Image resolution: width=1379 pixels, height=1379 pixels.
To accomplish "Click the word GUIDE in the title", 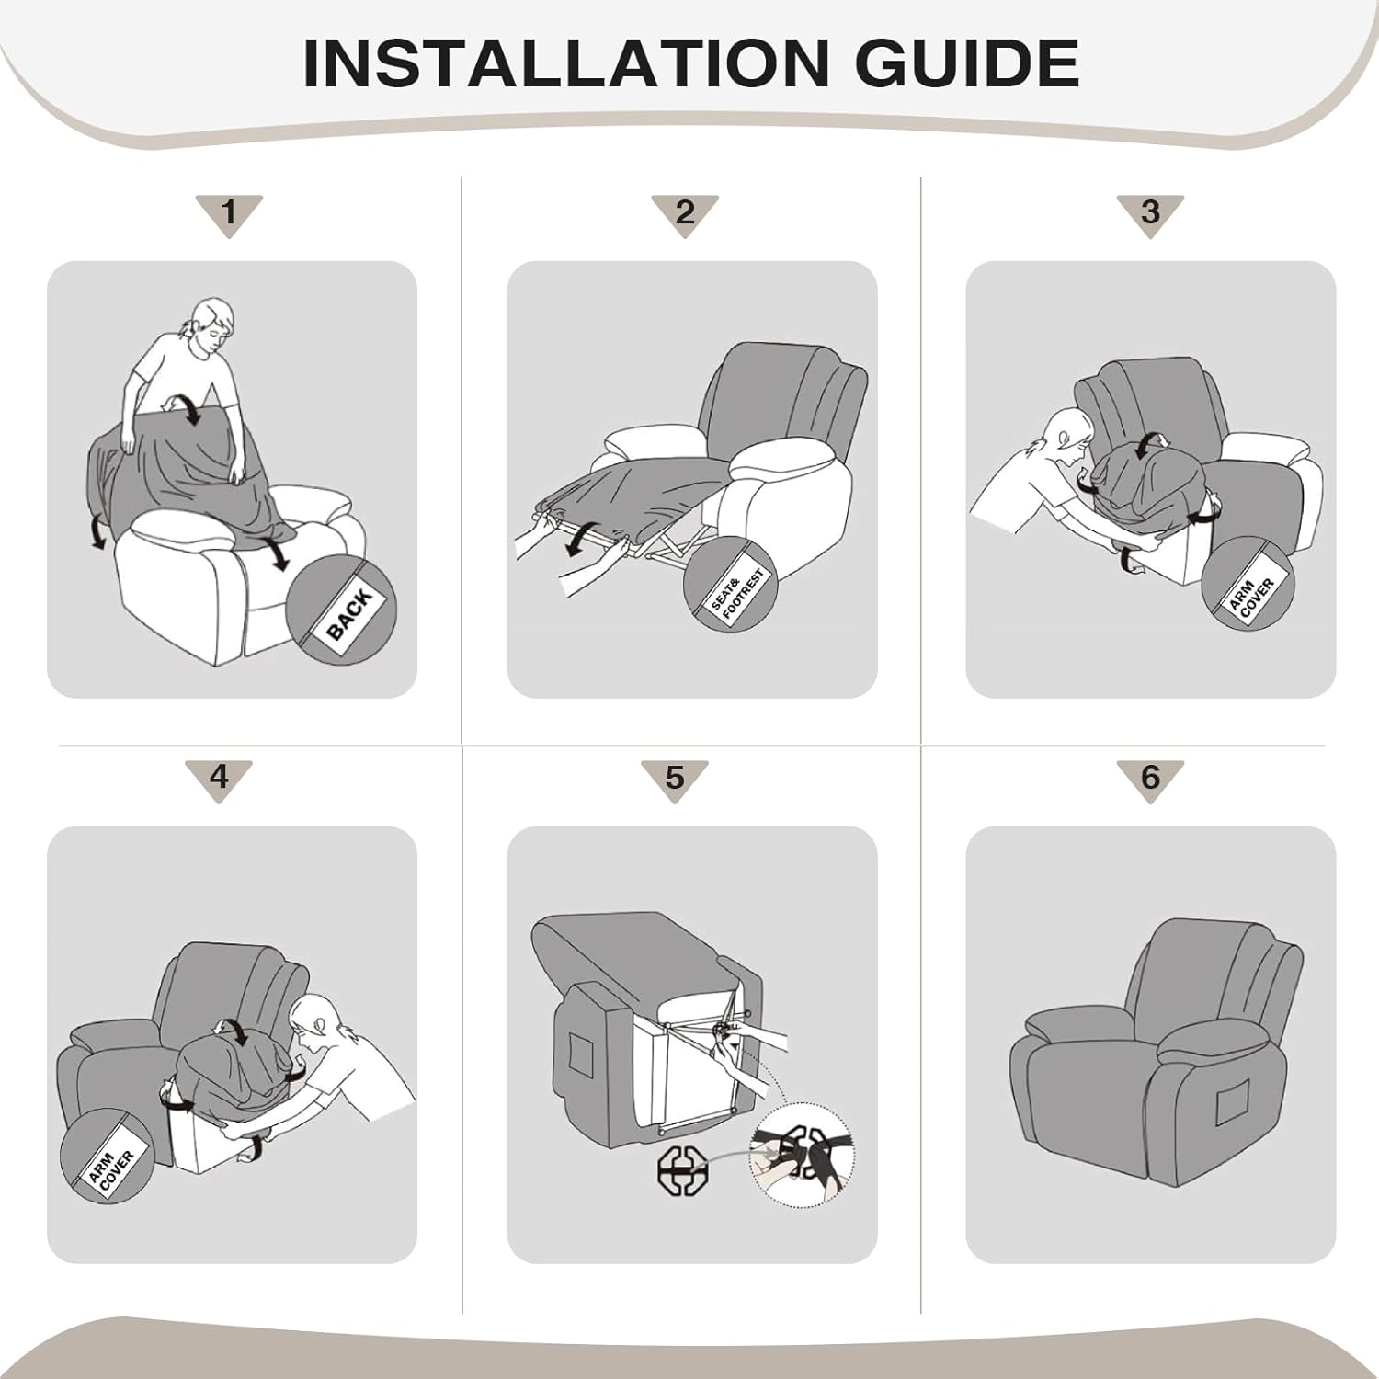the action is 967,63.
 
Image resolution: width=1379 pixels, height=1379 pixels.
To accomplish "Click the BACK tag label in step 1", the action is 349,613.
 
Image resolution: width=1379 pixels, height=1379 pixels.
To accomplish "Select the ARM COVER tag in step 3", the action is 1250,596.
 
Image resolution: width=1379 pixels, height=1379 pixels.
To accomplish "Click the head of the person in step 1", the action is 212,324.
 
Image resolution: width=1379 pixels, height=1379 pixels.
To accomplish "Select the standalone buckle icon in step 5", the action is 682,1171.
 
